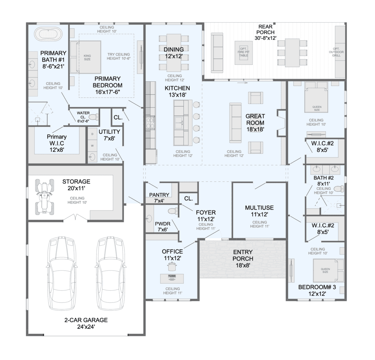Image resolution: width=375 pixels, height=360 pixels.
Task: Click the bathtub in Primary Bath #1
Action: tap(48, 34)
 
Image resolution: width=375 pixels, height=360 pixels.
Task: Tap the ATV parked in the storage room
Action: tap(44, 196)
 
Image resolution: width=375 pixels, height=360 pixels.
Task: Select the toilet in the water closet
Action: tap(94, 117)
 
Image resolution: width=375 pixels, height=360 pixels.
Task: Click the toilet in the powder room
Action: tap(173, 211)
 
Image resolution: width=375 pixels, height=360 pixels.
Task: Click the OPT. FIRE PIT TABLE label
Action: tap(244, 52)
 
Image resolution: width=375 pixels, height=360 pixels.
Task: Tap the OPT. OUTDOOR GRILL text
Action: tap(336, 52)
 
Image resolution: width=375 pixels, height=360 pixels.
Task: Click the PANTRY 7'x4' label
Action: tap(159, 198)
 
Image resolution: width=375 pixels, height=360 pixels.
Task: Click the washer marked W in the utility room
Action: tap(92, 146)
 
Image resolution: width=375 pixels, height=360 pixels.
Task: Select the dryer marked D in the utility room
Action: tap(92, 134)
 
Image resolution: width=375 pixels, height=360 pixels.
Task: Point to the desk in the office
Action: tap(172, 278)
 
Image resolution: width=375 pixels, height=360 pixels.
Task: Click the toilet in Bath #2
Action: tap(339, 189)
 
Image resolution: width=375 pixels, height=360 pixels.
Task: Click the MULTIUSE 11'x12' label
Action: tap(259, 211)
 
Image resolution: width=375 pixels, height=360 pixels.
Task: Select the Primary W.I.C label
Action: tap(57, 143)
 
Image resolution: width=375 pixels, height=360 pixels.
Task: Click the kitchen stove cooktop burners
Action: tap(151, 123)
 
